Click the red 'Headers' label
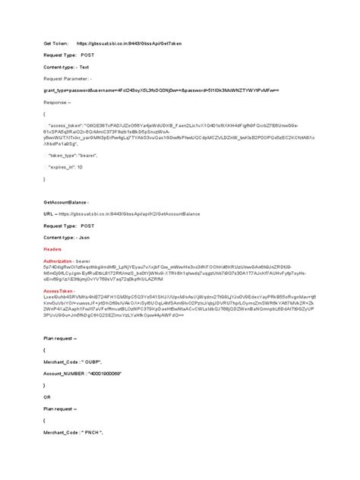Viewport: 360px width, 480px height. pos(52,248)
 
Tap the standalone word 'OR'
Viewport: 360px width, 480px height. pos(47,395)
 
